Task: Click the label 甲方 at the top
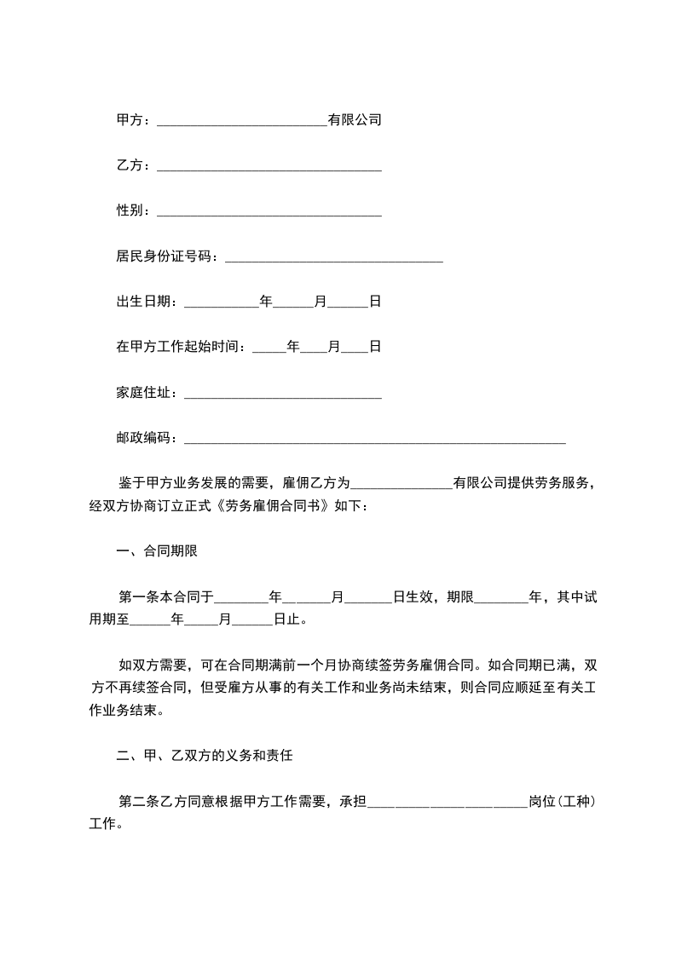point(130,120)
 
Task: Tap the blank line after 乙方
point(269,166)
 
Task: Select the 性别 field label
point(130,210)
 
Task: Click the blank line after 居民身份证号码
point(332,256)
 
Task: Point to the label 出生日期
point(143,302)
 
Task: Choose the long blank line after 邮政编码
point(375,439)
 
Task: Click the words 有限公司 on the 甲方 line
point(355,120)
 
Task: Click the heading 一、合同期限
point(157,551)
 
